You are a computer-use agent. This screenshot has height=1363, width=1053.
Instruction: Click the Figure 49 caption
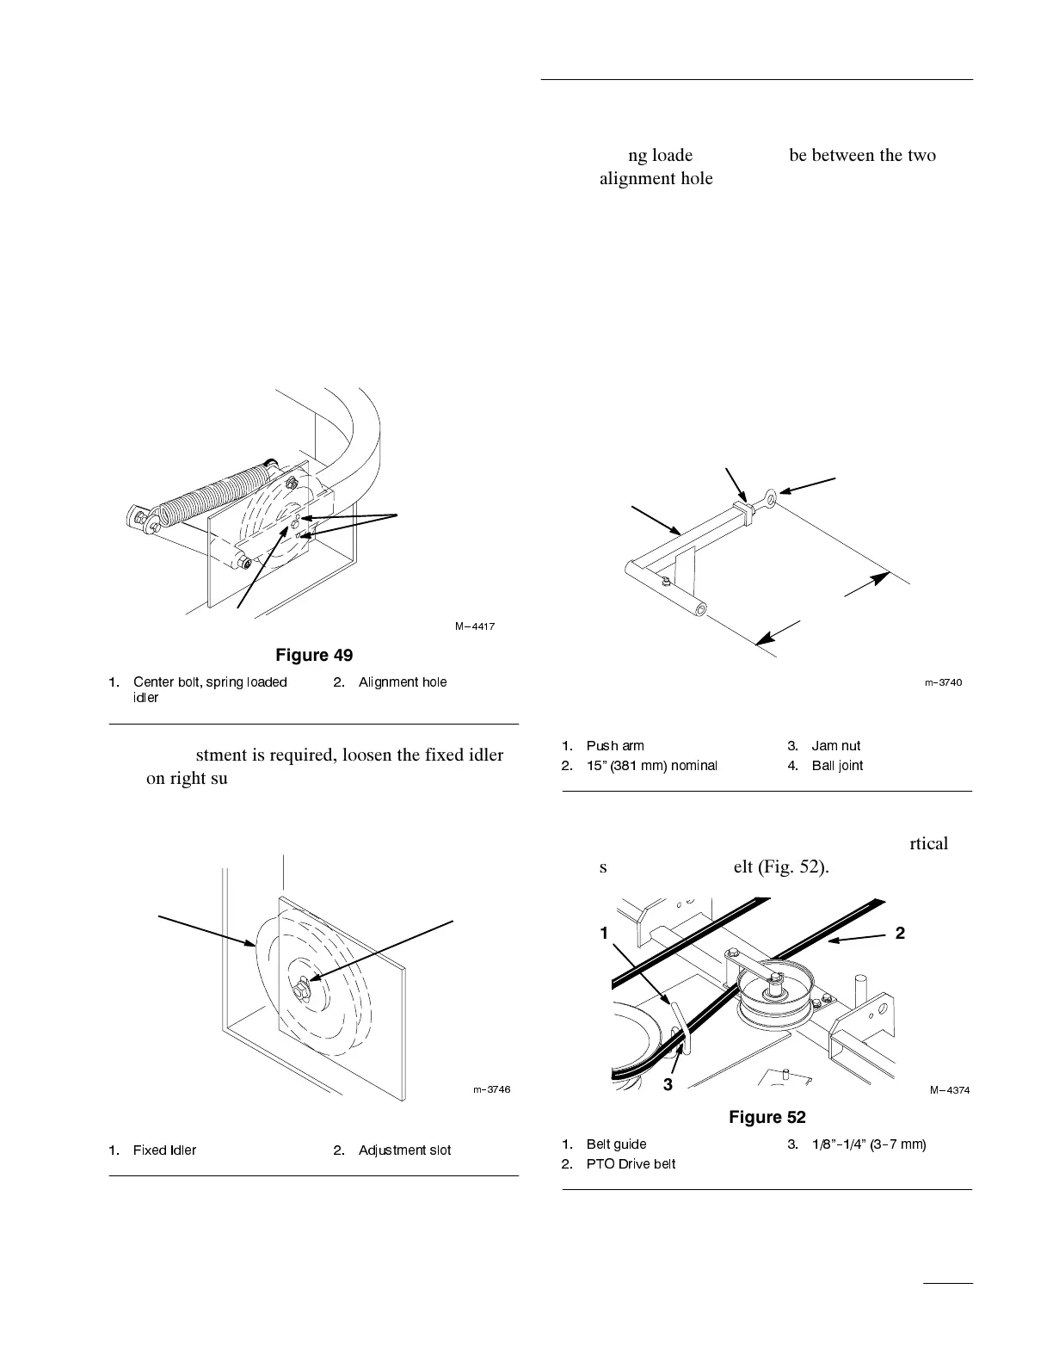[x=313, y=656]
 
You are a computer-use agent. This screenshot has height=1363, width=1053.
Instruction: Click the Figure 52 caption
[x=767, y=1117]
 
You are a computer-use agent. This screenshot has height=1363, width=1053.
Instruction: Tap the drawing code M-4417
[x=475, y=626]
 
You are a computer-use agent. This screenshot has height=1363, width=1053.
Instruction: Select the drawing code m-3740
[x=943, y=682]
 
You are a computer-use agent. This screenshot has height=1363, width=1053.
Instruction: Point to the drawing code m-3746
[x=491, y=1089]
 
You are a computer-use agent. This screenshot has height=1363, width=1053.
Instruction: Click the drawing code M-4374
[x=950, y=1090]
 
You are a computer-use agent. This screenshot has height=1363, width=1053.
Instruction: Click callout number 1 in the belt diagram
[x=605, y=933]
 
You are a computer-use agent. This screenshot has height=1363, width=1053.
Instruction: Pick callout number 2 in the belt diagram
[x=900, y=933]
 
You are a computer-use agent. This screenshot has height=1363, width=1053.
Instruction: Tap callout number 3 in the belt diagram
[x=668, y=1085]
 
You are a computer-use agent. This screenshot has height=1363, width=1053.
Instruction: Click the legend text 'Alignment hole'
[x=403, y=682]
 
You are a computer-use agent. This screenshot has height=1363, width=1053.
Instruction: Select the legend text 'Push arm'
[x=614, y=746]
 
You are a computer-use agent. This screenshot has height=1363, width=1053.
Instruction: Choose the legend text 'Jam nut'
[x=835, y=746]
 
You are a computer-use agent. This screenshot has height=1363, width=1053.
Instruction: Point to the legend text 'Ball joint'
[x=837, y=766]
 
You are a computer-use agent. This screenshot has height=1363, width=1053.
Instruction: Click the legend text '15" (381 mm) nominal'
[x=651, y=766]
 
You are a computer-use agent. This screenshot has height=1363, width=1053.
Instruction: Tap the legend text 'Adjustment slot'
[x=404, y=1150]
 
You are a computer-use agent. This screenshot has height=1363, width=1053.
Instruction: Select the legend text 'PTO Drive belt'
[x=631, y=1164]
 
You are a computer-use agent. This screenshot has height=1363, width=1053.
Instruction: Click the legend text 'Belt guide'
[x=616, y=1144]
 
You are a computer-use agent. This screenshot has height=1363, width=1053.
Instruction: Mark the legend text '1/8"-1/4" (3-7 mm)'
[x=869, y=1144]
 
